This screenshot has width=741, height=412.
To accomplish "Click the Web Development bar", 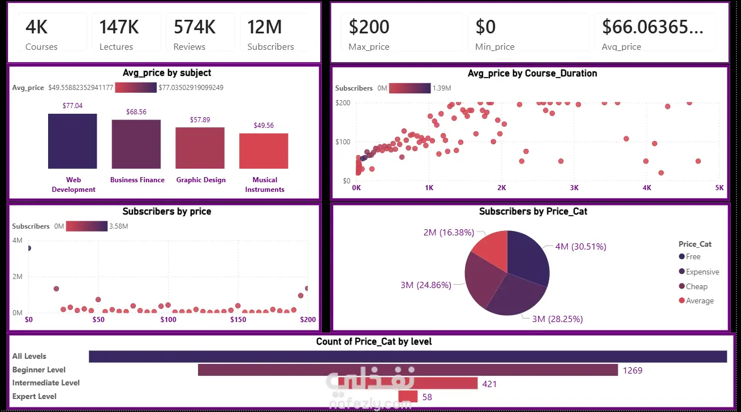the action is (x=72, y=141).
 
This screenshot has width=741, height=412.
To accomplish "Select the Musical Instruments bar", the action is (x=264, y=151).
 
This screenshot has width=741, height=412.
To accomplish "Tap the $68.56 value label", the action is (x=136, y=112).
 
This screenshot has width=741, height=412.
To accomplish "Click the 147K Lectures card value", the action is (x=119, y=27).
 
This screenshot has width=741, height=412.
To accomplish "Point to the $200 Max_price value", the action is (x=369, y=27).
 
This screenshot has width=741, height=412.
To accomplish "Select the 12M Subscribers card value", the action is (x=265, y=27).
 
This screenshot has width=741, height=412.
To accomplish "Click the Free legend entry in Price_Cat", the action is (x=690, y=256).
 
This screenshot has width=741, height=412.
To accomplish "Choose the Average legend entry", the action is (x=696, y=301).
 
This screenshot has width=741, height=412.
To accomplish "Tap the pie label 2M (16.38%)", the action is (x=449, y=232).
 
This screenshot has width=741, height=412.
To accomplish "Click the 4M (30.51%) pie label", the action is (x=580, y=247).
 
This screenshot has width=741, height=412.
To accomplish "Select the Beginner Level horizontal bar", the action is (x=408, y=370).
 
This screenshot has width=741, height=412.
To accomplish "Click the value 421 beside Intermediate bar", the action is (x=489, y=384).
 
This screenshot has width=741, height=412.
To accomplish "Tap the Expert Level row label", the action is (x=35, y=396).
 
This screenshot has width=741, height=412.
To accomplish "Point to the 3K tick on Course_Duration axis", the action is (x=574, y=188).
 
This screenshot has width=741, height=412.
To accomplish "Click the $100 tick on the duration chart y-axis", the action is (x=343, y=142).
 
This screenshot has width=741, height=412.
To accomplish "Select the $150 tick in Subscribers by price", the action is (x=238, y=319).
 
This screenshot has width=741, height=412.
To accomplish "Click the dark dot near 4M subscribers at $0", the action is (x=29, y=248).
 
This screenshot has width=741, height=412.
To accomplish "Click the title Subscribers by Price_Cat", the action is (x=533, y=212).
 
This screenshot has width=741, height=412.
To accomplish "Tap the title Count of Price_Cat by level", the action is (x=374, y=341).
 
